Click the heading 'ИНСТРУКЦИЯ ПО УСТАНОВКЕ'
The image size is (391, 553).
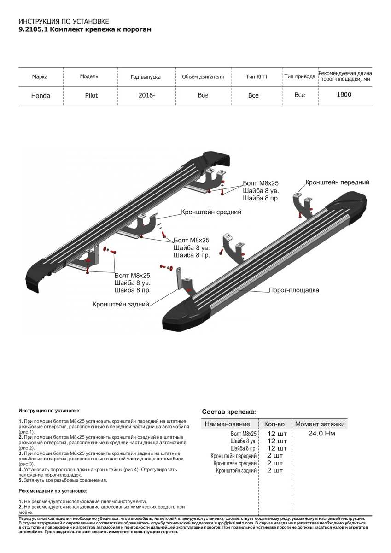(x=64, y=22)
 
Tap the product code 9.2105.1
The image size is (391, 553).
(x=32, y=29)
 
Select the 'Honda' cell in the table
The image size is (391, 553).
(x=41, y=96)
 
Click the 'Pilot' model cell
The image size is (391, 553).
(x=91, y=95)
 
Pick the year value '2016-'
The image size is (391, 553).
(x=146, y=95)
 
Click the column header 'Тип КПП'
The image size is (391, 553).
(x=256, y=76)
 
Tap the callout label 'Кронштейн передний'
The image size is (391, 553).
(x=338, y=182)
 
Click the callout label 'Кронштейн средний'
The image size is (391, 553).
(x=211, y=212)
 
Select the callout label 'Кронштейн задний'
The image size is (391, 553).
(x=121, y=304)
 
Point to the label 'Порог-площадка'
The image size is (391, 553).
(x=294, y=290)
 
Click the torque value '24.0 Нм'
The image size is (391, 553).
(x=321, y=434)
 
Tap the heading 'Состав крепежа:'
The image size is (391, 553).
(x=228, y=412)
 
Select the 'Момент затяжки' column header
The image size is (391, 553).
(x=320, y=424)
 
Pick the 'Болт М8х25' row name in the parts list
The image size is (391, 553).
(x=243, y=434)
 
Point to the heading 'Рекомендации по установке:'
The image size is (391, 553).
(x=53, y=491)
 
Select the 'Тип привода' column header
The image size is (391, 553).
(x=299, y=76)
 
